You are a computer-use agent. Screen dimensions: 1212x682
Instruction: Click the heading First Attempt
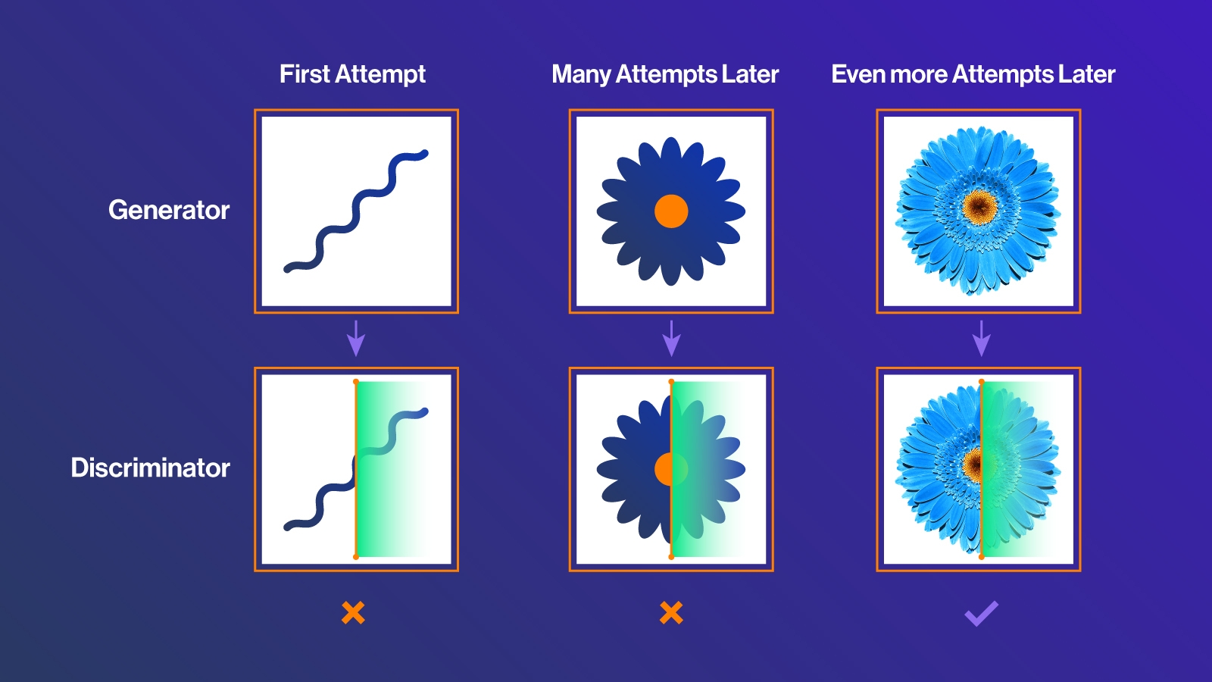(352, 74)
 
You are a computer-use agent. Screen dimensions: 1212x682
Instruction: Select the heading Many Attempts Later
(665, 74)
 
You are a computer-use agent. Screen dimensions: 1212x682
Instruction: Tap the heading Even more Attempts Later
(973, 74)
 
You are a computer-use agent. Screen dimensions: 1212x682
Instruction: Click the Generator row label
(169, 210)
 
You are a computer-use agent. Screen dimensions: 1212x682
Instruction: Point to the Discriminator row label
(151, 468)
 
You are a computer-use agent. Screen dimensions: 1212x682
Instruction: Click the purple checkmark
(982, 614)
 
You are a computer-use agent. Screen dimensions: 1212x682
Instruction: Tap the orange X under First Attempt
(353, 613)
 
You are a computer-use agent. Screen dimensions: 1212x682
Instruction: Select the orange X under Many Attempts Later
(671, 613)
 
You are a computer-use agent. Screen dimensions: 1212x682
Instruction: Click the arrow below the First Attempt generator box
(356, 338)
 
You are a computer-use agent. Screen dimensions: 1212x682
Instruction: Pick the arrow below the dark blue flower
(671, 338)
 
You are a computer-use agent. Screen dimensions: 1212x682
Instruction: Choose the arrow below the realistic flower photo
(982, 338)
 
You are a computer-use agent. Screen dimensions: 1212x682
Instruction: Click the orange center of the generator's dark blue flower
(671, 211)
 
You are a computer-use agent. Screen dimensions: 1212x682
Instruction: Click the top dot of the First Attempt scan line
(356, 382)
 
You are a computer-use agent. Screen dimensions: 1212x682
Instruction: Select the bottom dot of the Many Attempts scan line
(671, 556)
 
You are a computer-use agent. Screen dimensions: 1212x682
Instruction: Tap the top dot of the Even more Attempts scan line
(982, 382)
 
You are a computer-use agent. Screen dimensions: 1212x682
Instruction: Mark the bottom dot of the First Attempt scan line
(356, 556)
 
